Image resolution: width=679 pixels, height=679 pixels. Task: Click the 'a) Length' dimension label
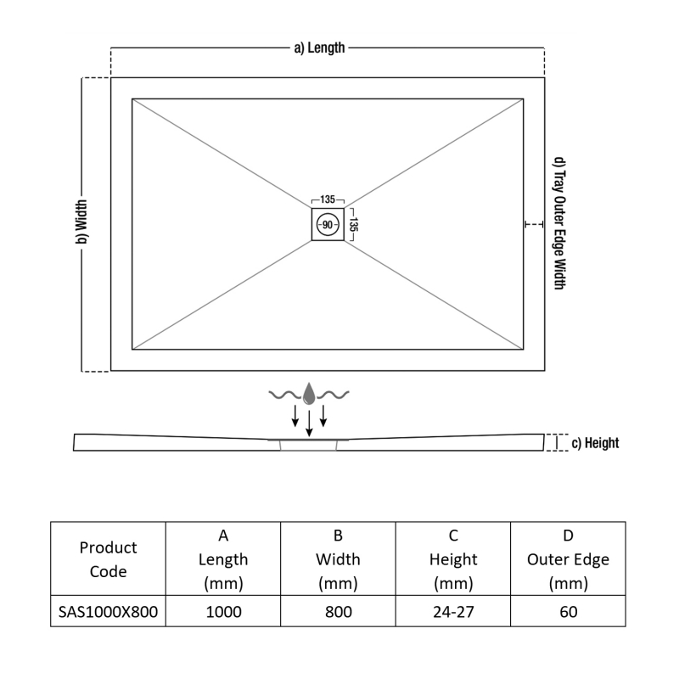tap(319, 48)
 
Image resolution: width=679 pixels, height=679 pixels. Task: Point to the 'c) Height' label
tap(595, 443)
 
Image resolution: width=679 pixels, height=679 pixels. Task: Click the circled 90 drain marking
tap(328, 225)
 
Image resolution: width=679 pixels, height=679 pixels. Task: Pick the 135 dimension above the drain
tap(328, 199)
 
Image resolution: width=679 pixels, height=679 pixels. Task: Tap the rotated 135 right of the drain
tap(354, 225)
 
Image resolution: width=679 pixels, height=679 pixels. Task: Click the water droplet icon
tap(309, 393)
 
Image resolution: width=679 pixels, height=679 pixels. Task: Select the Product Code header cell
tap(108, 560)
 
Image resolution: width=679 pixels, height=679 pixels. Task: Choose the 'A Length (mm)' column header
tap(223, 559)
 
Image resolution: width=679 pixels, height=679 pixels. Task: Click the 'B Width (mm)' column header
tap(338, 559)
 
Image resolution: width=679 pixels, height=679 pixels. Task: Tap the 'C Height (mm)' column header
tap(453, 559)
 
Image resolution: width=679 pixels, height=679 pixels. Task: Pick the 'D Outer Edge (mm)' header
tap(568, 559)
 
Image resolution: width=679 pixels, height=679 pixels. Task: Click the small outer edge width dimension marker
tap(533, 224)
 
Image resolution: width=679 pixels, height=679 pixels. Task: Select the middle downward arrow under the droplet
tap(309, 422)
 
